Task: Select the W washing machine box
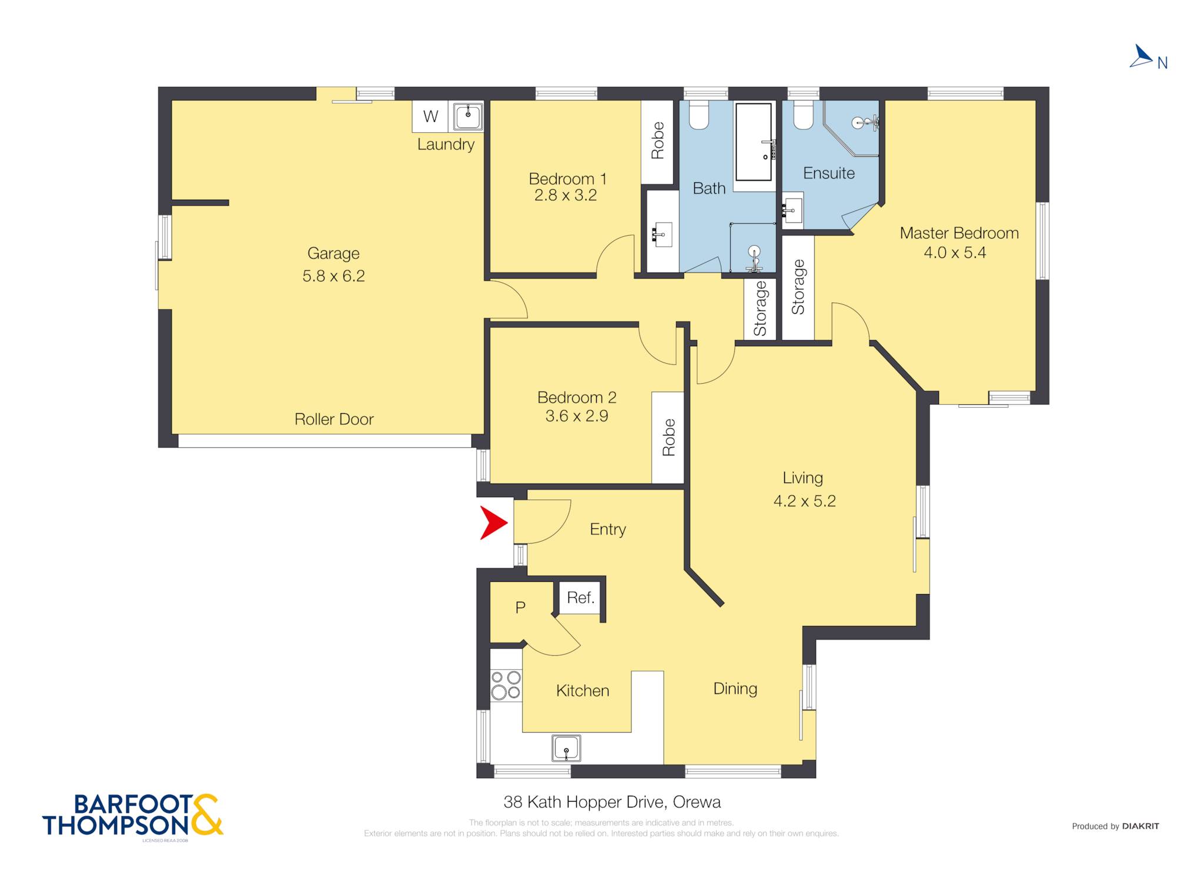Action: click(x=430, y=116)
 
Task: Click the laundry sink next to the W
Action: click(x=467, y=116)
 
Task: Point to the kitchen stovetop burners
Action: click(x=506, y=685)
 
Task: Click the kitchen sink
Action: click(x=566, y=748)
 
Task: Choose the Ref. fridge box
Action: click(x=580, y=598)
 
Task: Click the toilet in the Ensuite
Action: click(x=803, y=115)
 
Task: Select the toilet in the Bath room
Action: click(x=699, y=115)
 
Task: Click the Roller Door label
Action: click(x=334, y=419)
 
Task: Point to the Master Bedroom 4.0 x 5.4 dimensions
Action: click(x=955, y=253)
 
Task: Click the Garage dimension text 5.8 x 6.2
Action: click(x=333, y=276)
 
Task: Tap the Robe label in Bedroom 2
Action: click(x=668, y=437)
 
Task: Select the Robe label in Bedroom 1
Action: click(x=657, y=140)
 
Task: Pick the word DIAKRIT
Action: click(x=1141, y=826)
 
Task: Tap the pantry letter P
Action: click(x=520, y=608)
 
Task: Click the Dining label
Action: click(x=735, y=689)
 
